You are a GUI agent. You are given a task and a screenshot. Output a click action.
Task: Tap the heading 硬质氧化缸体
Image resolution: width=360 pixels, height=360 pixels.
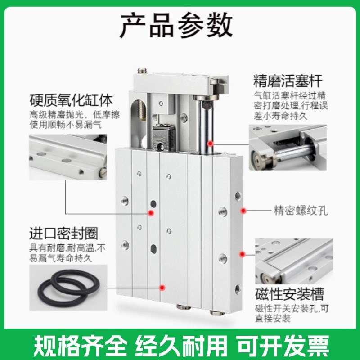pos(71,99)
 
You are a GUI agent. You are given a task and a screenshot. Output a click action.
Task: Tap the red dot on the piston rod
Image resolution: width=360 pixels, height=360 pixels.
pos(210,143)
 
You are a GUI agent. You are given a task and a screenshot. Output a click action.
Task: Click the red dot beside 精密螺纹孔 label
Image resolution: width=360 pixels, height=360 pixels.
pos(243,210)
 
